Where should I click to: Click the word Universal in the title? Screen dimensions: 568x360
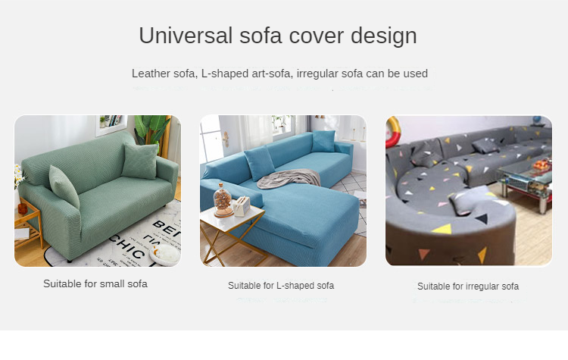(186, 36)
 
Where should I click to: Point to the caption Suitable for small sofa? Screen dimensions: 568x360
(95, 283)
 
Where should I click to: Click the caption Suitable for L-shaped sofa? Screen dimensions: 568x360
(281, 286)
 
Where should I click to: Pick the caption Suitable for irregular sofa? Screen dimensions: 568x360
(468, 286)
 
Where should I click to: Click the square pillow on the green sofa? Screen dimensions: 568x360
(140, 160)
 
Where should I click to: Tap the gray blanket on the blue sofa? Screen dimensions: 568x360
(289, 179)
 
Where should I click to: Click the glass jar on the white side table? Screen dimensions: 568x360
(223, 200)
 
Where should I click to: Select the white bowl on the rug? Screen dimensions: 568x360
(165, 254)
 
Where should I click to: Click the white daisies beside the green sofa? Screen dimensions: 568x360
(19, 175)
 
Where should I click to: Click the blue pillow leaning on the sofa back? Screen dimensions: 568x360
(259, 163)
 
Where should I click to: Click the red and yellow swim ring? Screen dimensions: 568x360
(392, 133)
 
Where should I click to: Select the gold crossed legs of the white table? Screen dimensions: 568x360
(232, 241)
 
